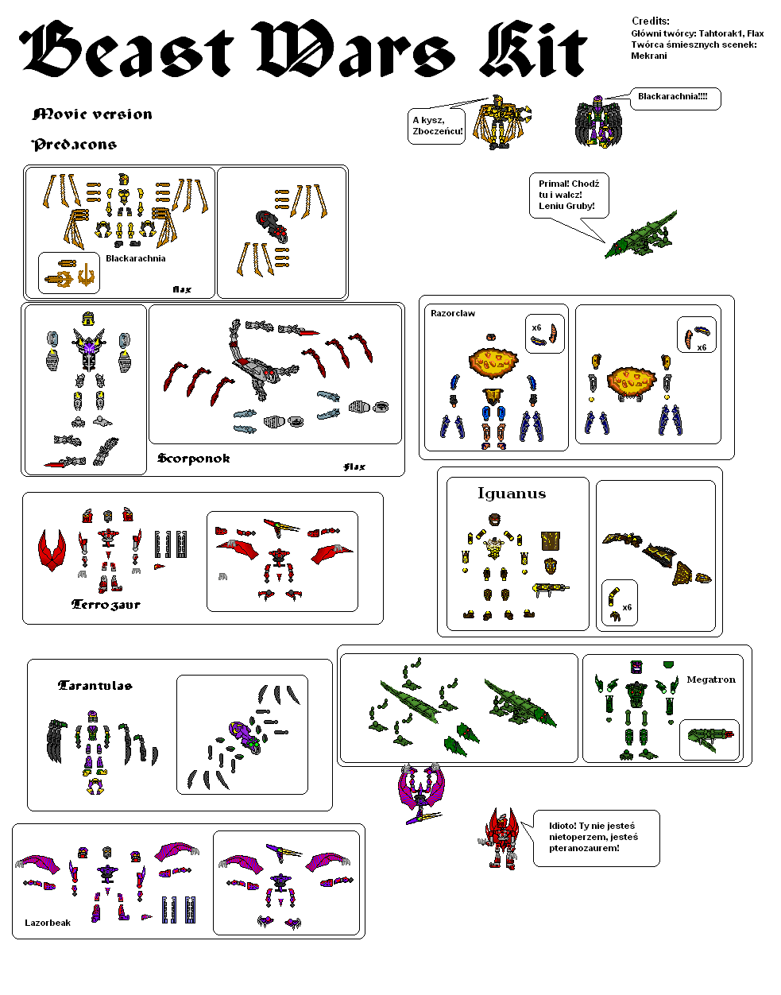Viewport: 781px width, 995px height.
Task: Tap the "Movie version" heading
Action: [92, 114]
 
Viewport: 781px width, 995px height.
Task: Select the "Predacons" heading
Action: [74, 145]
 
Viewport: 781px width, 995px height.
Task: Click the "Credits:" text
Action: [650, 21]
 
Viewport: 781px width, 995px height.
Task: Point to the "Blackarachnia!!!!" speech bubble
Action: [675, 99]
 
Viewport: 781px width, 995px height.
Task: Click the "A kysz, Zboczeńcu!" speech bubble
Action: [436, 126]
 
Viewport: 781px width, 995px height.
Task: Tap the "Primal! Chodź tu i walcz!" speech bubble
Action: [569, 195]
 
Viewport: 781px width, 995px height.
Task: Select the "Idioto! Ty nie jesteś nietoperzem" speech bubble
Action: [596, 838]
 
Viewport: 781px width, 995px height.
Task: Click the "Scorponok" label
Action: [193, 459]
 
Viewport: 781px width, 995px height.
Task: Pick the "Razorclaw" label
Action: [453, 313]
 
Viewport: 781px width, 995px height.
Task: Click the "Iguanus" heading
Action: [512, 494]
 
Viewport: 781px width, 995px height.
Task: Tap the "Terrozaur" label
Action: [106, 605]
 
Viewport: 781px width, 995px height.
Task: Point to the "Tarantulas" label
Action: [95, 686]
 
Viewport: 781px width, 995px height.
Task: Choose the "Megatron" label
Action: [711, 679]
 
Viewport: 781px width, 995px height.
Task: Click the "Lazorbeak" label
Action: [48, 923]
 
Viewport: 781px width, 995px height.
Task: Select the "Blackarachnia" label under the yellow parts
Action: [136, 258]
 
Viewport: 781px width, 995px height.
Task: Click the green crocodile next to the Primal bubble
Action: [641, 235]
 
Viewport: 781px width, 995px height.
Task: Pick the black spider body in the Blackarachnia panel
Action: [272, 225]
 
